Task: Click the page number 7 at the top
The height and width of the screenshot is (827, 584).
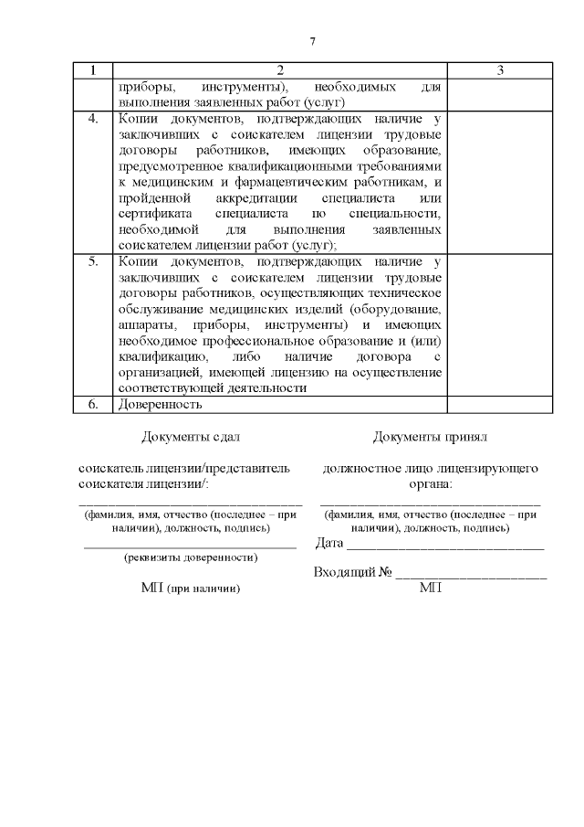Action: point(312,42)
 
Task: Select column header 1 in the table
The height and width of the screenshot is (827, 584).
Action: point(92,70)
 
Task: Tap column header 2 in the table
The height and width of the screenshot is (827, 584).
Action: point(279,70)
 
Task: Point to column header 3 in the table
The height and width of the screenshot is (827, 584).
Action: point(500,70)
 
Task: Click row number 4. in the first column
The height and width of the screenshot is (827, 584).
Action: point(92,119)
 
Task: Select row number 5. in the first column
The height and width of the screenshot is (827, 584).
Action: point(92,261)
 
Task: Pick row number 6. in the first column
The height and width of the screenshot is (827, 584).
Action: point(92,404)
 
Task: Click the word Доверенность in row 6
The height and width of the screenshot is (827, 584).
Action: point(160,404)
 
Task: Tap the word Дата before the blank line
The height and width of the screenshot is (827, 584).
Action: point(328,544)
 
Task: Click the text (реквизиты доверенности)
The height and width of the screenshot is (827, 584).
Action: point(190,557)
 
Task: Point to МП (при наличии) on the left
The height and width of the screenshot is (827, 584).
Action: point(190,588)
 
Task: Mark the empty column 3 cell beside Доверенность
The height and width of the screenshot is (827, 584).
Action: point(500,404)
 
